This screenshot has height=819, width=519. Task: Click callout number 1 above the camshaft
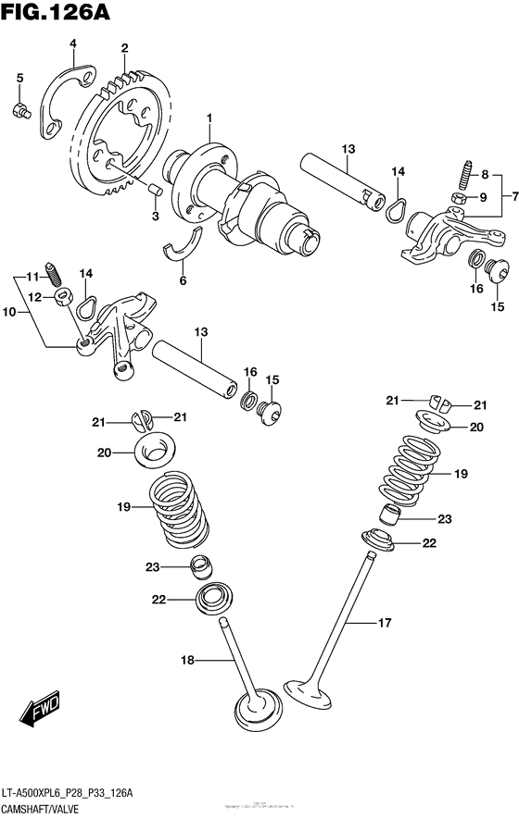coord(209,118)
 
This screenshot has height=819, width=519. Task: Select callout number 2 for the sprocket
coord(124,48)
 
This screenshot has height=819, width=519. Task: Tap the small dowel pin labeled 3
coord(155,189)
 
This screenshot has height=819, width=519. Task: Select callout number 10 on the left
coord(10,313)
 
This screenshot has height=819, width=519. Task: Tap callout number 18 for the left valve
coord(188,660)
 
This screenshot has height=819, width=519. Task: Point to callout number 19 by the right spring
coord(461,473)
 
